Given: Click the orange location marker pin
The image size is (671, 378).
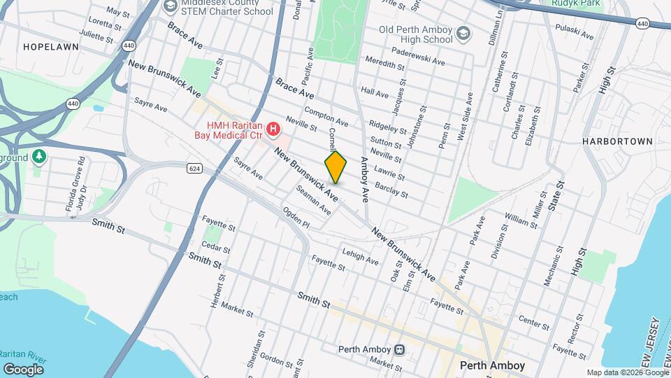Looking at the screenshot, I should (335, 167).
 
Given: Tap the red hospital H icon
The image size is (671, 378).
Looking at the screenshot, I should (273, 129).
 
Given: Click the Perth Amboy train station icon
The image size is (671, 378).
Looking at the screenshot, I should (399, 349).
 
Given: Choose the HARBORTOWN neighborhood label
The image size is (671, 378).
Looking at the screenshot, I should (617, 141).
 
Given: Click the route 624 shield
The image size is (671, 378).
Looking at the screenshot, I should (194, 167).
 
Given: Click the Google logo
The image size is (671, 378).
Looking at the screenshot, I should (23, 369).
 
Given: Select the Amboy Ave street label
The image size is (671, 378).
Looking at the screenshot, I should (364, 181).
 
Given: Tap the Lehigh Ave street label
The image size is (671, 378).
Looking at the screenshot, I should (360, 257).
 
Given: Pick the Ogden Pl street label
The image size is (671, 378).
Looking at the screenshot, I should (296, 217).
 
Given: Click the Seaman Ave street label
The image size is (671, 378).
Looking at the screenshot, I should (312, 199).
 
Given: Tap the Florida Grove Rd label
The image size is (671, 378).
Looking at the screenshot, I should (70, 194).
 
